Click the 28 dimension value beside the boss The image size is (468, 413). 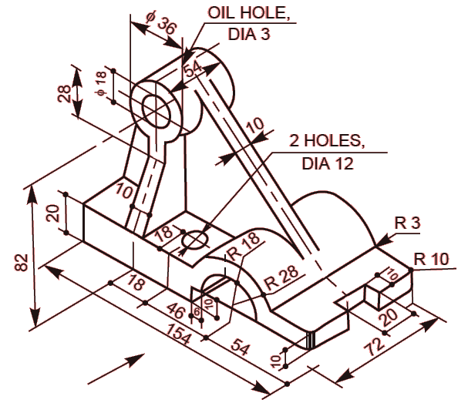pyautogui.click(x=66, y=92)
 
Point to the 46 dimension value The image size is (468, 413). pyautogui.click(x=177, y=312)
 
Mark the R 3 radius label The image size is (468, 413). pyautogui.click(x=406, y=223)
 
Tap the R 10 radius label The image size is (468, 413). pyautogui.click(x=429, y=259)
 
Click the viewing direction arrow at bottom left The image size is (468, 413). pyautogui.click(x=116, y=368)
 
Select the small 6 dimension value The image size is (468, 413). pyautogui.click(x=197, y=310)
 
